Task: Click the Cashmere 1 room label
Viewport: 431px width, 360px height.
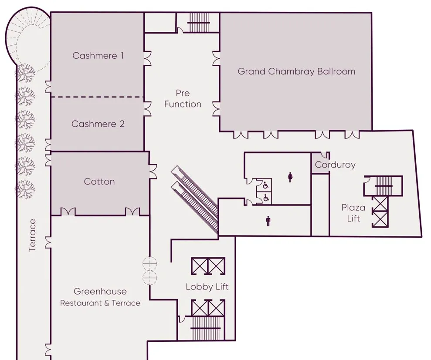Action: pos(98,56)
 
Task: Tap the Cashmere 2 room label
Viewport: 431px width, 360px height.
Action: pos(98,124)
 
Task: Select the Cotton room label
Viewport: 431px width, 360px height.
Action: pos(99,182)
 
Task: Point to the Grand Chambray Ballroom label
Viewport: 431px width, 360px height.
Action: pos(296,71)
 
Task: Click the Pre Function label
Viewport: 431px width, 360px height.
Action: pos(183,98)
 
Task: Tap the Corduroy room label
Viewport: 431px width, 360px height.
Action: pos(335,165)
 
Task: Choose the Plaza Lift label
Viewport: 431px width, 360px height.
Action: pos(353,213)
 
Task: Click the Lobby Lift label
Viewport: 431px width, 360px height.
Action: pos(207,287)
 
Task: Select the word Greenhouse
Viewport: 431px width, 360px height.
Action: pos(100,291)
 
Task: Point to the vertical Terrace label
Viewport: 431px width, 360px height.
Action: pos(32,236)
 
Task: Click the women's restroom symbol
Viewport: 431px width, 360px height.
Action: pos(290,177)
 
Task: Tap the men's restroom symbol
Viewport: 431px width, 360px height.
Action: pos(268,221)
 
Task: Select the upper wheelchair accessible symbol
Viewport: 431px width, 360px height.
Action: pos(265,185)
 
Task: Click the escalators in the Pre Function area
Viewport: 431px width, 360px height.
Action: pos(195,199)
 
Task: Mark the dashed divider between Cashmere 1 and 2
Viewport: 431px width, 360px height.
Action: pos(98,97)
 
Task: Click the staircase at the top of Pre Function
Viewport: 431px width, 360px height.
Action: pos(199,23)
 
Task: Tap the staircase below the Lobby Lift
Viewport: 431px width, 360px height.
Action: pos(205,328)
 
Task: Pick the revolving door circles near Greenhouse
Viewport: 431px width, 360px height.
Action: pos(150,270)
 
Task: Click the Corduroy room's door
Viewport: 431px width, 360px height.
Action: pos(325,155)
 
